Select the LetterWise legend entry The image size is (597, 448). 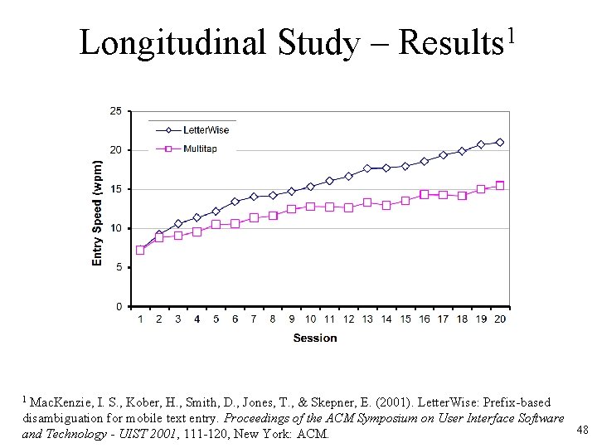[206, 129]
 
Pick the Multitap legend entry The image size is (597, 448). [201, 149]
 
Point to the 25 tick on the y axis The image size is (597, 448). [115, 111]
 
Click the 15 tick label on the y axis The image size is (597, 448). [115, 189]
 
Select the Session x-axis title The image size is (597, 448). [315, 338]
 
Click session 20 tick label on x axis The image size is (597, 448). [499, 319]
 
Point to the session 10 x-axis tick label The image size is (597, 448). [310, 319]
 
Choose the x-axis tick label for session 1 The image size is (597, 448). [140, 319]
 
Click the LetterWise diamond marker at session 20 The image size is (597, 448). [499, 143]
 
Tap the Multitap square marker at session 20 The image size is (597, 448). [499, 186]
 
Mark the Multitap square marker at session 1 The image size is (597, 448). [140, 250]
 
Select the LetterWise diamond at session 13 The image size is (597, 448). [367, 168]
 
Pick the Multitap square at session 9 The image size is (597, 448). [291, 209]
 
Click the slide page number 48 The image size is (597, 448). [582, 429]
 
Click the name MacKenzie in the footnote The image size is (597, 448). [57, 402]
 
